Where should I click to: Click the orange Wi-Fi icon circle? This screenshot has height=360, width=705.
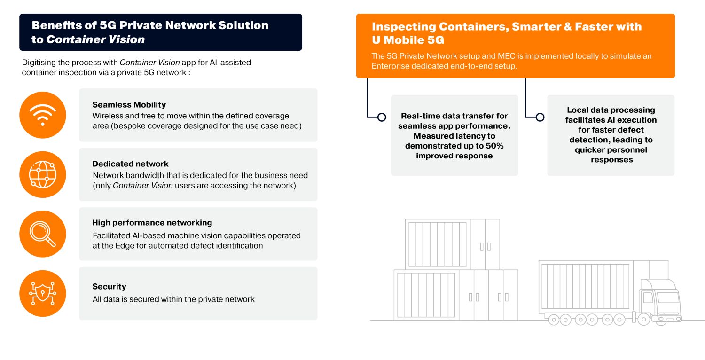pyautogui.click(x=43, y=115)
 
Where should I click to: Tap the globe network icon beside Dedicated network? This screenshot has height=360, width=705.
pyautogui.click(x=43, y=174)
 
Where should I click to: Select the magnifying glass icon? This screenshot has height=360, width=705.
pyautogui.click(x=43, y=234)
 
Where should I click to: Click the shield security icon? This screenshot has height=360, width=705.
pyautogui.click(x=43, y=293)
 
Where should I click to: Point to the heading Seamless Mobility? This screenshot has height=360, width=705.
pyautogui.click(x=129, y=105)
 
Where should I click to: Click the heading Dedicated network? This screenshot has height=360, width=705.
pyautogui.click(x=130, y=164)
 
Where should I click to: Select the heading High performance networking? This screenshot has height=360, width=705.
pyautogui.click(x=152, y=223)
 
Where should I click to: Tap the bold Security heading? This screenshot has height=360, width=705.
pyautogui.click(x=109, y=287)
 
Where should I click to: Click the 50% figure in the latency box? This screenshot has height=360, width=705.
pyautogui.click(x=494, y=146)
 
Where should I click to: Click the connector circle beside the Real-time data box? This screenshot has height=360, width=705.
pyautogui.click(x=382, y=117)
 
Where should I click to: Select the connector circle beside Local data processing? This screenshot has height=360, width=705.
pyautogui.click(x=540, y=117)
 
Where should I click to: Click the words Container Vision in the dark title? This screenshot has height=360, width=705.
pyautogui.click(x=95, y=40)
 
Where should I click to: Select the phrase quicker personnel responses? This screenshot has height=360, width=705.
pyautogui.click(x=611, y=155)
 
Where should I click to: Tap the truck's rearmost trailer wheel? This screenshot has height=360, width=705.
pyautogui.click(x=554, y=320)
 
